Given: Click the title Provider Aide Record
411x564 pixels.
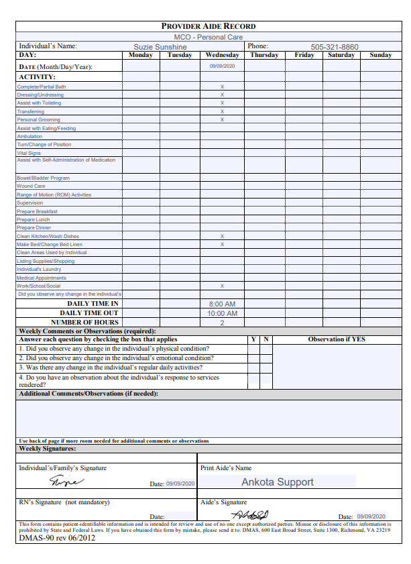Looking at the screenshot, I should click(209, 26).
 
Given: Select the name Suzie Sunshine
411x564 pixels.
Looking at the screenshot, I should click(160, 47).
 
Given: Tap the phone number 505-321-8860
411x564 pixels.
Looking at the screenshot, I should click(334, 47).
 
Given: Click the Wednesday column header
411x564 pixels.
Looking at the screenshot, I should click(222, 55).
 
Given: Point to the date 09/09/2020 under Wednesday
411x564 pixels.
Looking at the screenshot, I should click(222, 66).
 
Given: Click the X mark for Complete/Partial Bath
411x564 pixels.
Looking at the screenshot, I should click(222, 87).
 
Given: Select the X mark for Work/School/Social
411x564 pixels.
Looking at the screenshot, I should click(222, 286).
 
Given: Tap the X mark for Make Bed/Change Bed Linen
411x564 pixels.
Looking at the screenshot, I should click(222, 244).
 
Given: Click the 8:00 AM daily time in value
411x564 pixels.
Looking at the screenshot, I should click(222, 304).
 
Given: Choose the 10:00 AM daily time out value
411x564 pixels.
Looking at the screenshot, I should click(222, 313).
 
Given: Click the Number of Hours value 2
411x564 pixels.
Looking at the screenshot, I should click(222, 323).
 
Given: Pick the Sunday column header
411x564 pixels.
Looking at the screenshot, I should click(381, 55).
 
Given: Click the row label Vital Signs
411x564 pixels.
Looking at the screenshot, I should click(29, 153).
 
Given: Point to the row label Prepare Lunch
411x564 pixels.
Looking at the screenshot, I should click(34, 219).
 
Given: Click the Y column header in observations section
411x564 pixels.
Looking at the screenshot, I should click(253, 339).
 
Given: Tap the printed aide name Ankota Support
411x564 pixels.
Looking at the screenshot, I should click(277, 482).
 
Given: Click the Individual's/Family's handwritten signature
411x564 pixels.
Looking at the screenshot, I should click(67, 481).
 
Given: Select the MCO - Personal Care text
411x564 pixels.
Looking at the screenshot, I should click(209, 37).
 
